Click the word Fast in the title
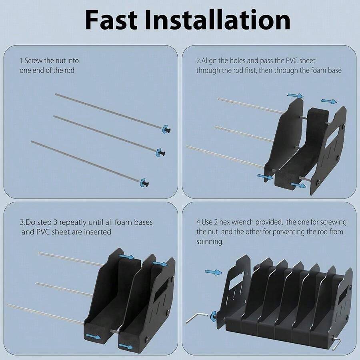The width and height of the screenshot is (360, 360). (x=114, y=20)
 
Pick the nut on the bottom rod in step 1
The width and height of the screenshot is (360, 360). (x=144, y=183)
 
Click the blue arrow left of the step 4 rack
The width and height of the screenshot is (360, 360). (x=213, y=272)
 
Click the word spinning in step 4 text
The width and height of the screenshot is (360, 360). (x=210, y=242)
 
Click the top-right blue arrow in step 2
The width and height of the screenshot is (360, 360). (x=329, y=102)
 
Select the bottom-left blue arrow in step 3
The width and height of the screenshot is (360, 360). (x=92, y=337)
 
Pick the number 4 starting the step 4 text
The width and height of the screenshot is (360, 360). (x=198, y=222)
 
